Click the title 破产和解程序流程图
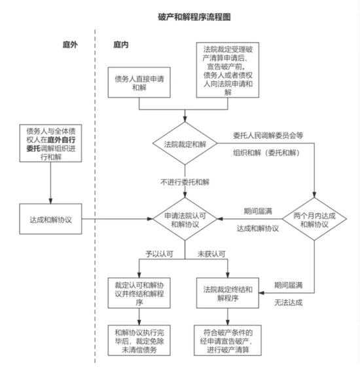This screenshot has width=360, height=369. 194,17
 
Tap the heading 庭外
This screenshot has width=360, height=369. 70,45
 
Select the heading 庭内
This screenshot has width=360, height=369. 121,45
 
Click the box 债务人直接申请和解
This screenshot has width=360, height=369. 139,83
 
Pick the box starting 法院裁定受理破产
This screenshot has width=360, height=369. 228,70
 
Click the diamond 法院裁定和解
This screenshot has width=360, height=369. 185,144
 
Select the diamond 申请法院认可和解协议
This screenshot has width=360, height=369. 185,219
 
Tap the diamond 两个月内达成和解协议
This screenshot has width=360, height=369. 314,219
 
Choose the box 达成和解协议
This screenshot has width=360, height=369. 50,219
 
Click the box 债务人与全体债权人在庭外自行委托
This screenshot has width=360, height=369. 50,144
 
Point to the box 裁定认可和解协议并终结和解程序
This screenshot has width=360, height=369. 139,293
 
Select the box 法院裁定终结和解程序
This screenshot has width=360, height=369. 228,293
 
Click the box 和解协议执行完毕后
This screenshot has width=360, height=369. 139,340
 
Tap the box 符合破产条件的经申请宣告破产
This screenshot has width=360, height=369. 228,340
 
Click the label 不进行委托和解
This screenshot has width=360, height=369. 185,182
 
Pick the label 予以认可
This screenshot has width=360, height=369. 159,254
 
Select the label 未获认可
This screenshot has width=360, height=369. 211,254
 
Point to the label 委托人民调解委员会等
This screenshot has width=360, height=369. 268,135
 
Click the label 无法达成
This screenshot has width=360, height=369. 289,302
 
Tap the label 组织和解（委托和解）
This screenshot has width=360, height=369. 266,153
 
